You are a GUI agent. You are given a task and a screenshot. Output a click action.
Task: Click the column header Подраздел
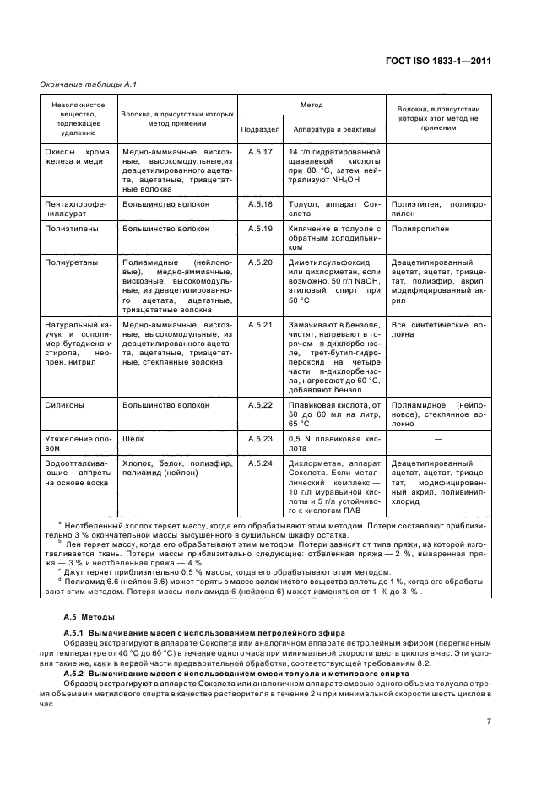pyautogui.click(x=258, y=129)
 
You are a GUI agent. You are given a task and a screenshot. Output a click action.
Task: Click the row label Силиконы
pyautogui.click(x=64, y=406)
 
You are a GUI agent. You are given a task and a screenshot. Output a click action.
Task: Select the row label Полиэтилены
pyautogui.click(x=70, y=229)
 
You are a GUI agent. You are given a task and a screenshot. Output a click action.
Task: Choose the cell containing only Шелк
pyautogui.click(x=133, y=440)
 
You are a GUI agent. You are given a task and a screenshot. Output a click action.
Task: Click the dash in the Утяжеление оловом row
pyautogui.click(x=437, y=440)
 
